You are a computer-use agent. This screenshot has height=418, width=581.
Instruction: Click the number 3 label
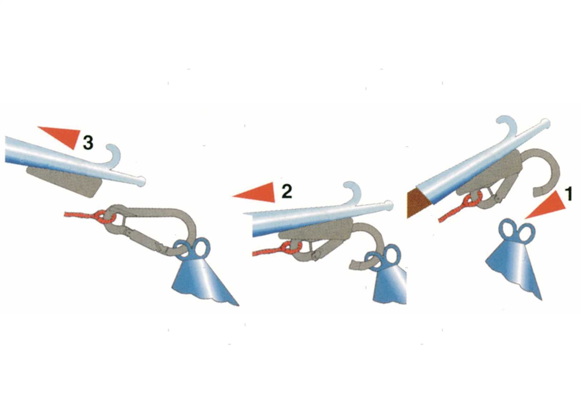tap(88, 143)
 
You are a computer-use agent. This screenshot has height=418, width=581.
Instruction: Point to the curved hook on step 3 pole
tap(116, 153)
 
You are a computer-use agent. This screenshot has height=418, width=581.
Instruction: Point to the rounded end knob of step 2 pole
tap(389, 205)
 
